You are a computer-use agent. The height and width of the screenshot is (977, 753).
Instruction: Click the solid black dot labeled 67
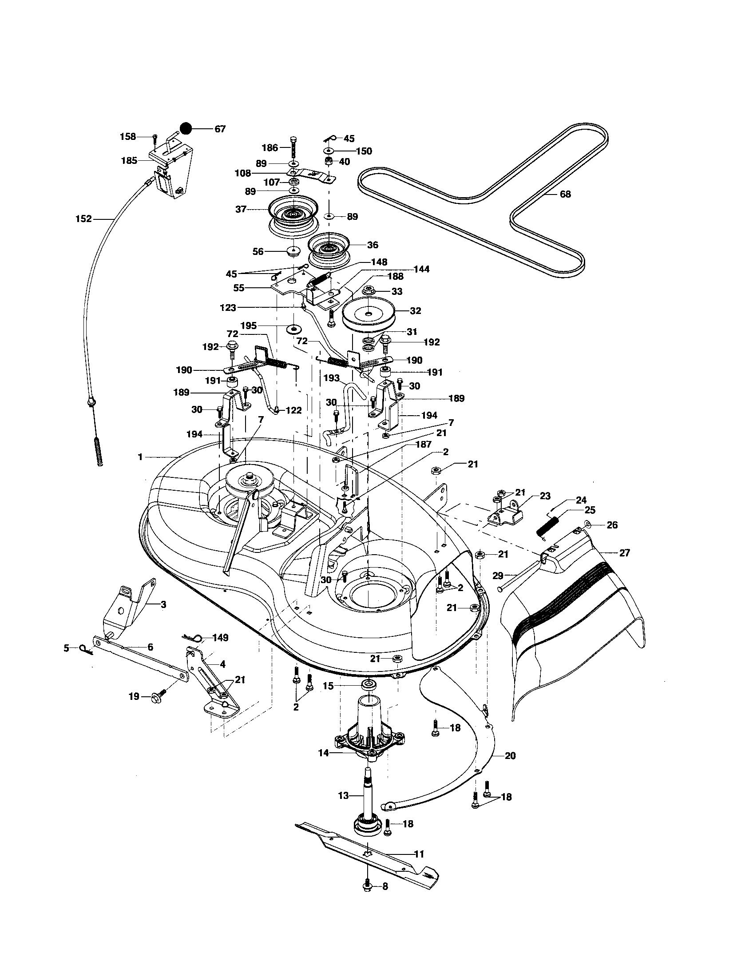[x=186, y=129]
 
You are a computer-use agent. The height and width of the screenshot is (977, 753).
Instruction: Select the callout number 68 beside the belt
[x=565, y=194]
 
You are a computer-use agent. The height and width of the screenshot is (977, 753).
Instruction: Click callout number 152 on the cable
[x=83, y=219]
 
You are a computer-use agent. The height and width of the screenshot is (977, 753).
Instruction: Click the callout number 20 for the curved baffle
[x=510, y=755]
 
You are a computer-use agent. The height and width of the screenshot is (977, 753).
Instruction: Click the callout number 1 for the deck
[x=140, y=457]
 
